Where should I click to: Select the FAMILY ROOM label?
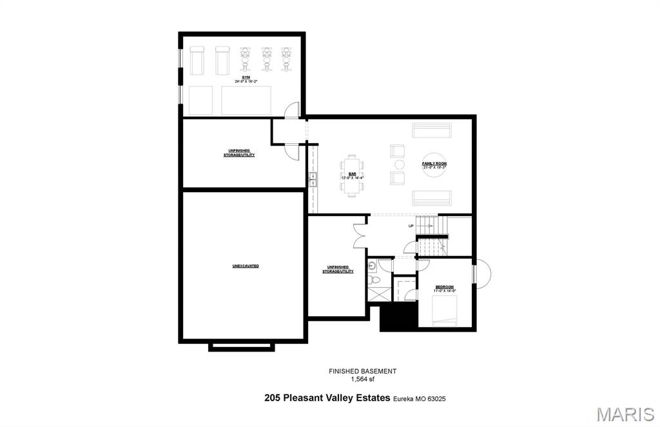tap(434, 164)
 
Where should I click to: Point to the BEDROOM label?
tap(445, 286)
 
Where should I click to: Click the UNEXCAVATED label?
tap(246, 266)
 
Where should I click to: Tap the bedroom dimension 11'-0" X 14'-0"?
tap(445, 291)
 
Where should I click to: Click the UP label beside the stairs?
tap(411, 226)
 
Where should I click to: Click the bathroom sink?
tap(372, 265)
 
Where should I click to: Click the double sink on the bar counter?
tap(314, 179)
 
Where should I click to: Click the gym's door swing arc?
tap(292, 110)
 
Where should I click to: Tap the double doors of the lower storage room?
tap(360, 234)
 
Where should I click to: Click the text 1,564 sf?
tap(362, 379)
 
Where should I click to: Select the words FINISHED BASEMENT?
tap(362, 371)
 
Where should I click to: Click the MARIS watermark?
tap(625, 413)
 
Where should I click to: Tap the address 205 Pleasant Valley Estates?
tap(327, 399)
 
